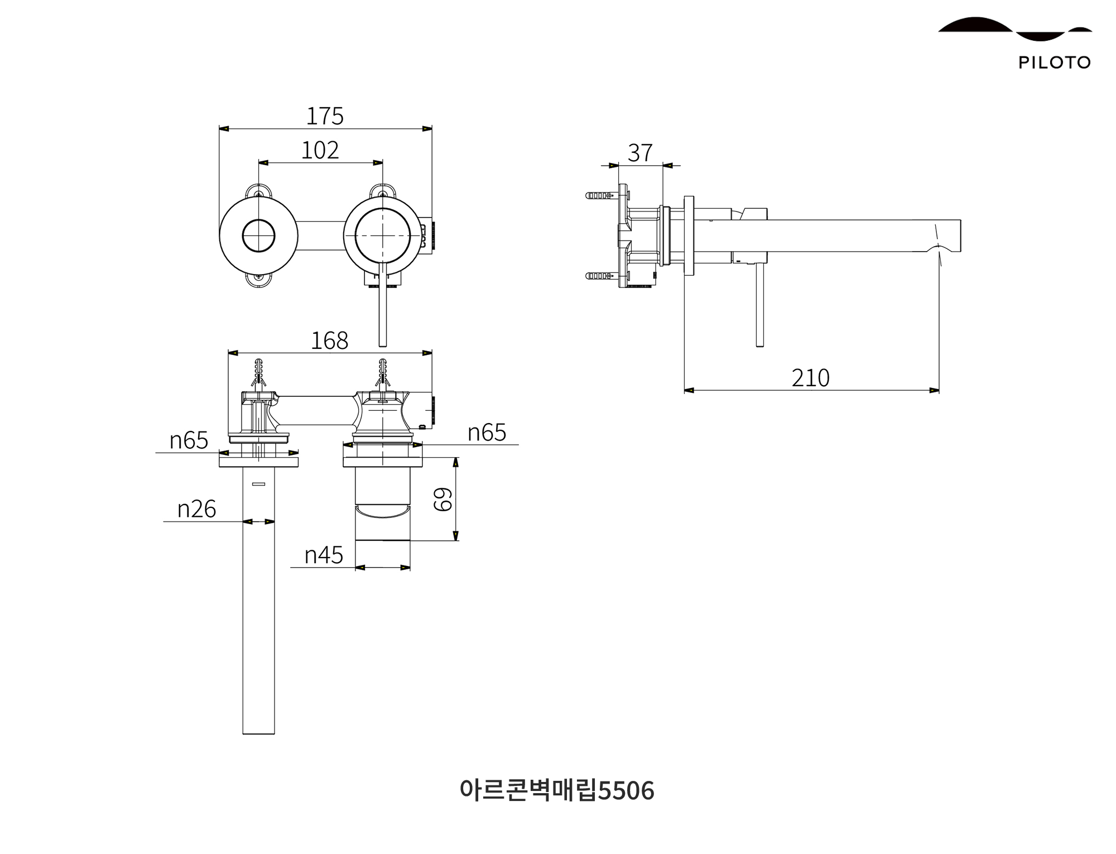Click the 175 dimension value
pos(325,116)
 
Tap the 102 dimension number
pos(320,150)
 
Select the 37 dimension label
pos(640,153)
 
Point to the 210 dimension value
pos(810,378)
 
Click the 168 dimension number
pos(329,340)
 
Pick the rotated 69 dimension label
pos(444,499)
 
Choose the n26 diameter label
pos(196,509)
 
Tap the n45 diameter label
pos(324,555)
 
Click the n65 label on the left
pos(189,440)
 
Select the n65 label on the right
pos(487,433)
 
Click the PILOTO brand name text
pos(1054,63)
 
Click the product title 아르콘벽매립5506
pos(557,790)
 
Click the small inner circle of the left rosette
pos(258,236)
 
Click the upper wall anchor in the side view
pos(599,196)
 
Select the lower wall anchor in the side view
pos(599,276)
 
